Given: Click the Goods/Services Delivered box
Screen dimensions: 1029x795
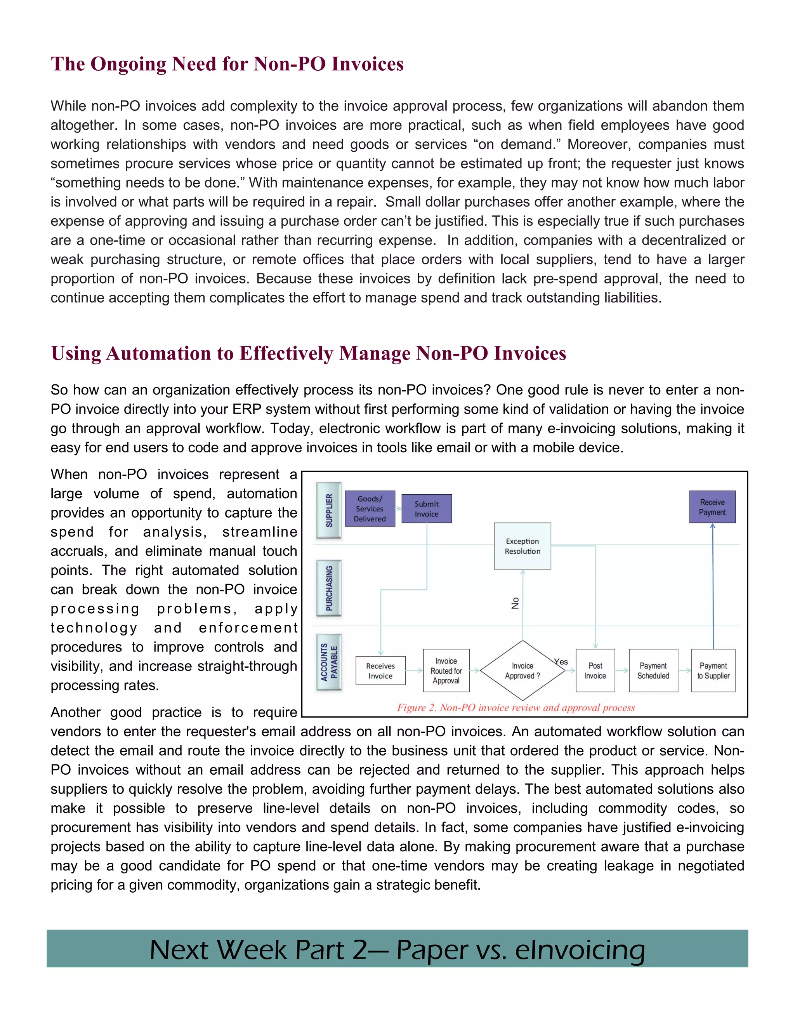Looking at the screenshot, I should tap(370, 508).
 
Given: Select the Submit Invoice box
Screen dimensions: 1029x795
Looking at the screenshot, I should tap(426, 509).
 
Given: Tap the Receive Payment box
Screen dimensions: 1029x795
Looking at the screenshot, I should tap(712, 507).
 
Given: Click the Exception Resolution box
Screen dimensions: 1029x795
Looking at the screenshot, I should tap(522, 546).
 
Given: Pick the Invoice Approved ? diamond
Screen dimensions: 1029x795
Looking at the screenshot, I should tap(522, 671).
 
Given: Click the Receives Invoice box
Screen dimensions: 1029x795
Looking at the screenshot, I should tap(380, 671).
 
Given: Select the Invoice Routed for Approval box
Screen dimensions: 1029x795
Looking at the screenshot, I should tap(446, 671).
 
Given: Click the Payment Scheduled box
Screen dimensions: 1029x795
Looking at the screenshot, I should tap(653, 671).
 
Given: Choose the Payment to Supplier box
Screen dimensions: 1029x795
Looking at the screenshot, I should tap(713, 671).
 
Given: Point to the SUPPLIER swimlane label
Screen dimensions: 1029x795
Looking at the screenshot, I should tap(329, 510).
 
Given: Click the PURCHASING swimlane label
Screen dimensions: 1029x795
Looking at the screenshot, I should tap(329, 588).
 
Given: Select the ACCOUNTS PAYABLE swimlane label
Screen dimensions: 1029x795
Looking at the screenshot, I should tap(329, 662).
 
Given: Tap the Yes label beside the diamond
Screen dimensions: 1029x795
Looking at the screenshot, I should tap(561, 662).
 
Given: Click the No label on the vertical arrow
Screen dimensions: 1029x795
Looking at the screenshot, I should tap(515, 603).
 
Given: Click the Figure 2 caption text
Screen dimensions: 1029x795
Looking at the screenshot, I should tap(516, 707).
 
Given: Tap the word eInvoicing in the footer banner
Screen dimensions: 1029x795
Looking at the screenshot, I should tap(580, 950).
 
